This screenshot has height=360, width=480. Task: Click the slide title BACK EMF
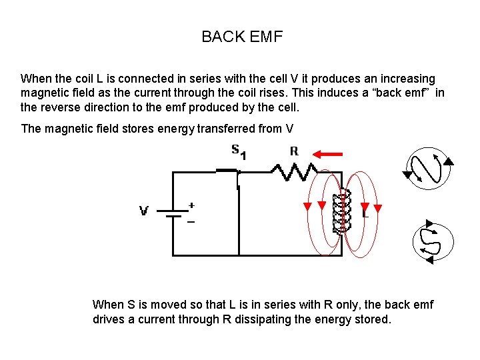point(242,37)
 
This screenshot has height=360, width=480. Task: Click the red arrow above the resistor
point(328,154)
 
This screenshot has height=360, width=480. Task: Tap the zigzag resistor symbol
point(293,173)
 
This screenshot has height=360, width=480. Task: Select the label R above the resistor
point(293,151)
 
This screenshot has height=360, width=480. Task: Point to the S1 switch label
point(239,151)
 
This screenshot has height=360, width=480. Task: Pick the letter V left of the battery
point(143,211)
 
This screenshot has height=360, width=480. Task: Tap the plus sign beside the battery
point(192,205)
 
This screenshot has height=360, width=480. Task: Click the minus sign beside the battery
point(191,222)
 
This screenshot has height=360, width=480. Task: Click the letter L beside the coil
point(365,215)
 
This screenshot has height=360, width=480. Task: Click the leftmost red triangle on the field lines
point(307,206)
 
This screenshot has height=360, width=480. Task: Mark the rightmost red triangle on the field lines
point(378,206)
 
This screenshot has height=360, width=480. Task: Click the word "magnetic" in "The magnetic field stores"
point(71,129)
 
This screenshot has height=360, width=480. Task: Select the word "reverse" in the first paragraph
point(61,108)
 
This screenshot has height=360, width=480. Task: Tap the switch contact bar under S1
point(227,171)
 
